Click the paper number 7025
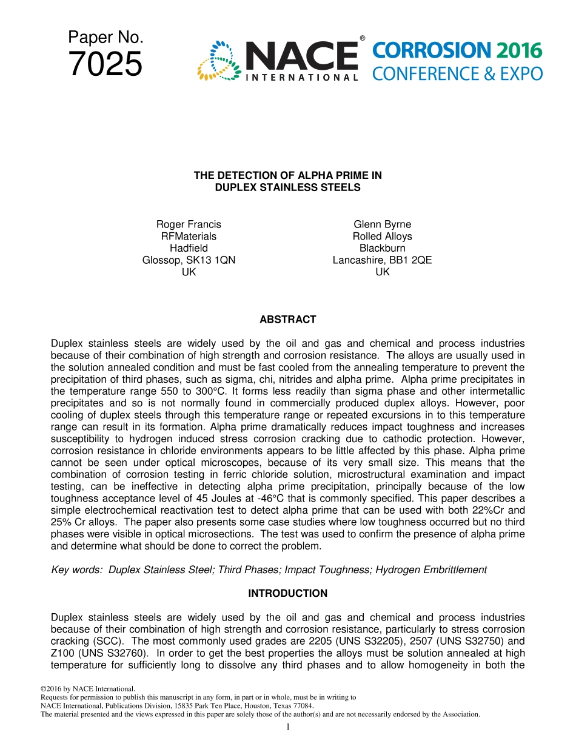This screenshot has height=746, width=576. click(105, 64)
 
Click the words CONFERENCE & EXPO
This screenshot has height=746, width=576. click(457, 74)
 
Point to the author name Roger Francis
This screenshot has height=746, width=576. click(189, 224)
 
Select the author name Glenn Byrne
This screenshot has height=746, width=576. click(382, 224)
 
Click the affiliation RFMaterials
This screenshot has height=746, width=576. click(189, 237)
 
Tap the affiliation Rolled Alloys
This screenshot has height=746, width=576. click(382, 237)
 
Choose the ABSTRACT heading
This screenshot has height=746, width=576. click(287, 320)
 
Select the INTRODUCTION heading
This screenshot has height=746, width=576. click(287, 593)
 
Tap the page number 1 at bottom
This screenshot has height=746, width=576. click(288, 727)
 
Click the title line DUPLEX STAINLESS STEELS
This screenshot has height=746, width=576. click(287, 187)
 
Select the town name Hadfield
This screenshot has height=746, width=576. click(189, 248)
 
